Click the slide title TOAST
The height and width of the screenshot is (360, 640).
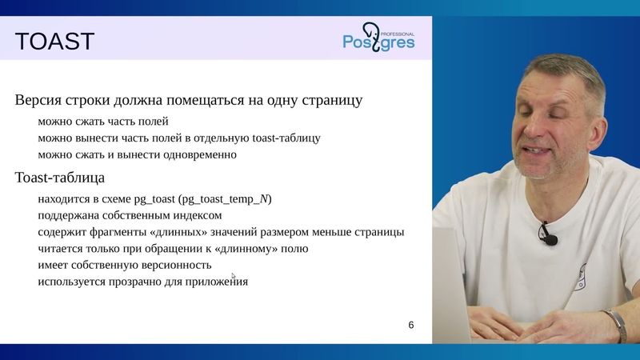click(55, 41)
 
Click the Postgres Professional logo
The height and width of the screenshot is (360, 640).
click(378, 37)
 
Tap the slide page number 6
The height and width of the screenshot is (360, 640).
click(411, 325)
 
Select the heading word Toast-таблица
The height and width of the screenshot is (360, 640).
click(59, 177)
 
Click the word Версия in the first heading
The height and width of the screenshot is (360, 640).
click(37, 101)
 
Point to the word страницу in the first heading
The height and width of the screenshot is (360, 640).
click(331, 101)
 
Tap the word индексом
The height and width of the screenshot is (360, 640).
click(198, 215)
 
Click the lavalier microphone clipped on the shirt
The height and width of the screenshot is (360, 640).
click(547, 234)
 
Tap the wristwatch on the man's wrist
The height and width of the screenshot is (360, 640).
click(615, 324)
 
